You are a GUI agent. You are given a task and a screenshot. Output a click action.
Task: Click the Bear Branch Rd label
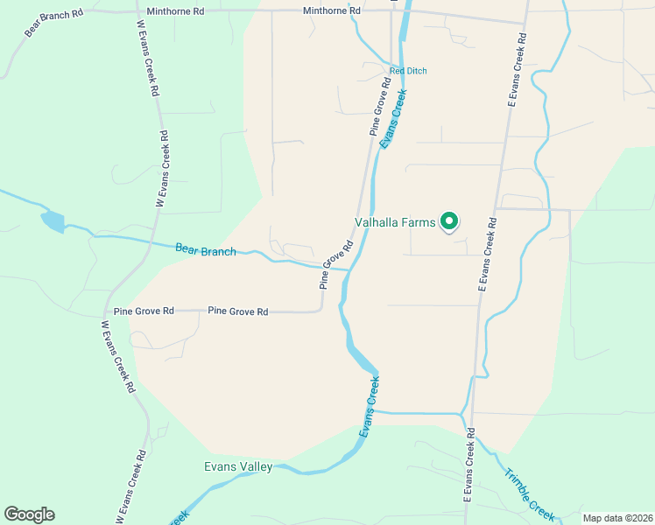(53, 24)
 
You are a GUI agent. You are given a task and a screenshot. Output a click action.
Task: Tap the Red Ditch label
(408, 71)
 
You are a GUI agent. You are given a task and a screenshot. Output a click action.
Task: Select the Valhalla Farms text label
(394, 223)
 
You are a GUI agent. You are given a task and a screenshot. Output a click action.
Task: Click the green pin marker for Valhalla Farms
(449, 220)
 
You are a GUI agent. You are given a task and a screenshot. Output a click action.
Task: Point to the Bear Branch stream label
(206, 250)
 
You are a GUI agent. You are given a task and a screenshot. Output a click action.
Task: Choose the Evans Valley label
(238, 467)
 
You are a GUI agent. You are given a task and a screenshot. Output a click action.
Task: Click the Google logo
(29, 514)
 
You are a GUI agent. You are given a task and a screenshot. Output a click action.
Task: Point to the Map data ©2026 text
(616, 518)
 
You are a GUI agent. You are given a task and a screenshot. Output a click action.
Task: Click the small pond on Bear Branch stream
(52, 221)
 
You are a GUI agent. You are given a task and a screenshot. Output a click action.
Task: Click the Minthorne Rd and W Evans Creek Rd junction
(138, 11)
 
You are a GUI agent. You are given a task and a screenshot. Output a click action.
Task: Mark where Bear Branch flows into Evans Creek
(348, 269)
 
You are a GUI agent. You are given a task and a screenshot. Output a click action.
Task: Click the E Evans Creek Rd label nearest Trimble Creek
(468, 465)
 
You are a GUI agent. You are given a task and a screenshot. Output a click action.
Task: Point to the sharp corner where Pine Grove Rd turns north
(322, 310)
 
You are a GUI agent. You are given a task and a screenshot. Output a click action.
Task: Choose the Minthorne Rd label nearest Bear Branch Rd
(175, 11)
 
